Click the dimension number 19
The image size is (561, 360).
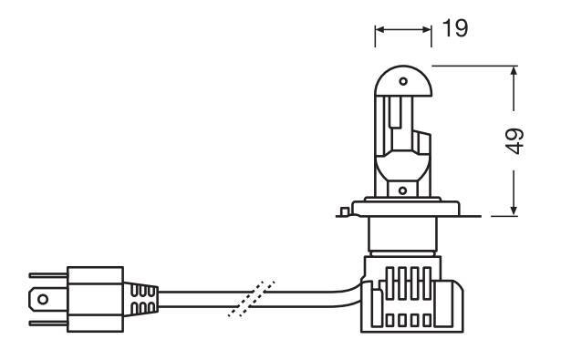point(455,28)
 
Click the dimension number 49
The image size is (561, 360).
point(514,141)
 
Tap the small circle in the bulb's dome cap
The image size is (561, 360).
point(403,81)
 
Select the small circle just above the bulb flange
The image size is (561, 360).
point(403,190)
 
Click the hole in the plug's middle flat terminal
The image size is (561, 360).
point(43,299)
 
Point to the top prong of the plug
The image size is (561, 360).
point(48,275)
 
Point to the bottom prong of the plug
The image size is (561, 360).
point(48,324)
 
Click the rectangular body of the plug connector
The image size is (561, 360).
point(96,299)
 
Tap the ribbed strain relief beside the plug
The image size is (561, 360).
point(141,300)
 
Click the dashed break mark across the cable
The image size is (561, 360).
point(252,299)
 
